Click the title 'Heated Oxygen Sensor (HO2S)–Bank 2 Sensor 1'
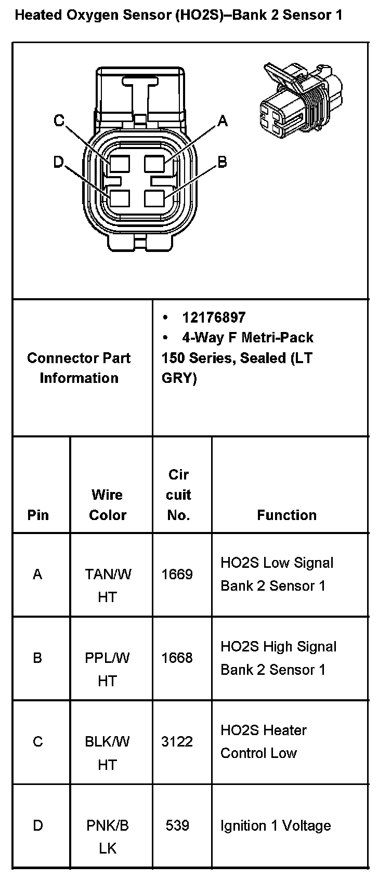178,15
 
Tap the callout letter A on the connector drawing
223,121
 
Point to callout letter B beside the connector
222,162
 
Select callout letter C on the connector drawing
59,121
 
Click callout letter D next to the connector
58,162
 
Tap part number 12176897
213,317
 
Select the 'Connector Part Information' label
79,368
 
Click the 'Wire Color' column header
108,504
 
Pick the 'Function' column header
286,515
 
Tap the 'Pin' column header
38,515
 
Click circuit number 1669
177,574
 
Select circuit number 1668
177,658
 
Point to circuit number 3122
177,741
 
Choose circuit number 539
177,825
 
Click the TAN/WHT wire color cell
108,585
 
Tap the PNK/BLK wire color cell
108,836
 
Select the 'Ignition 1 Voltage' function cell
276,825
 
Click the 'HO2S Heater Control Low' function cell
263,741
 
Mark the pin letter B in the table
37,658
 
